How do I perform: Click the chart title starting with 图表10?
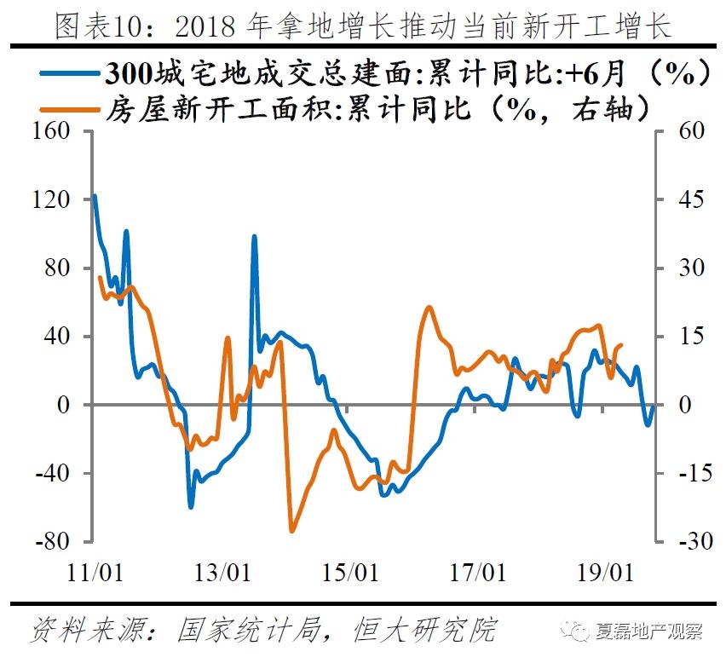point(363,26)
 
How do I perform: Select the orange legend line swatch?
point(67,109)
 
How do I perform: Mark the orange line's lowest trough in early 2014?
point(291,530)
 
